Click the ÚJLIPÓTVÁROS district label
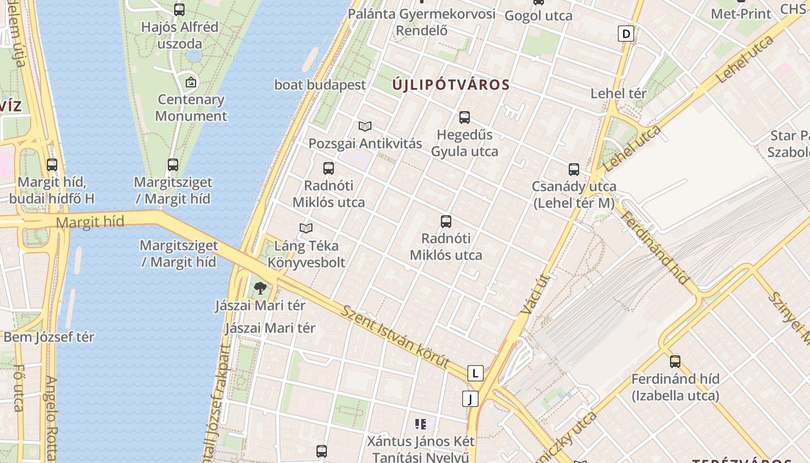click(x=451, y=85)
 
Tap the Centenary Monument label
click(x=191, y=108)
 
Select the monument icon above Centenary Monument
click(x=191, y=82)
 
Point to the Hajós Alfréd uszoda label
click(x=180, y=35)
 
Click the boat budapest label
click(x=320, y=84)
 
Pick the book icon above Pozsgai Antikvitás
click(x=365, y=126)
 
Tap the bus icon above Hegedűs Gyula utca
click(x=464, y=117)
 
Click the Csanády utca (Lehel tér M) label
click(x=574, y=195)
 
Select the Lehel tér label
click(x=618, y=93)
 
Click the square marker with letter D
click(x=625, y=34)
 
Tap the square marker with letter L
click(x=475, y=373)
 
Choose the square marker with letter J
click(x=470, y=399)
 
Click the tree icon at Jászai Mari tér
click(x=260, y=288)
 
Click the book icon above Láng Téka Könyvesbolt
click(x=306, y=229)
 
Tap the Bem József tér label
click(x=49, y=337)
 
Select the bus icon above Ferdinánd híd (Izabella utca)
click(x=675, y=362)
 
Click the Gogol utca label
click(x=538, y=16)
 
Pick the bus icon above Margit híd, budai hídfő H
click(x=52, y=165)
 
